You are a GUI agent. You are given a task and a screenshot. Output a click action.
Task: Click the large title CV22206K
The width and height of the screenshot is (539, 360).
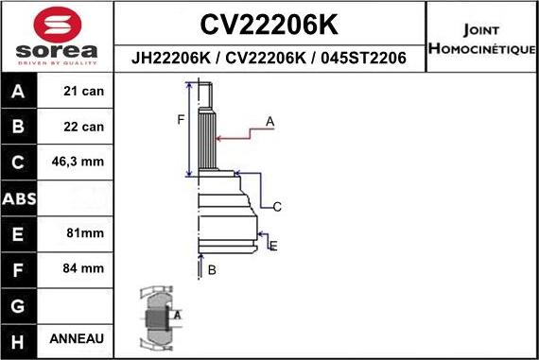[270, 22]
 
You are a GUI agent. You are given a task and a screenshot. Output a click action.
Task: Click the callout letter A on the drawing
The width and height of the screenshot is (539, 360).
[269, 121]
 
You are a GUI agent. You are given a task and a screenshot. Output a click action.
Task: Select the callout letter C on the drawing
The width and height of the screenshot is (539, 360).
[277, 206]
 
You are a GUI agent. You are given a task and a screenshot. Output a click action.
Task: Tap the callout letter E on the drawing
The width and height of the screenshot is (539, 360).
[273, 247]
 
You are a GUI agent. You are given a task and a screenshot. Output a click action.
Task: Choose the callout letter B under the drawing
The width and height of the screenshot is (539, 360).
[212, 270]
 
